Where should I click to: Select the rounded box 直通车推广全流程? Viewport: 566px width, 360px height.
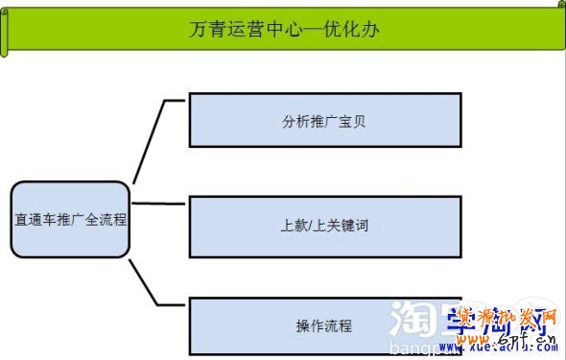point(70,219)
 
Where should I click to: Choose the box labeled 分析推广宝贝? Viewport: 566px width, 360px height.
point(325,120)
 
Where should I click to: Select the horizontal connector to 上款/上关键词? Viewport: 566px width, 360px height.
point(158,203)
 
